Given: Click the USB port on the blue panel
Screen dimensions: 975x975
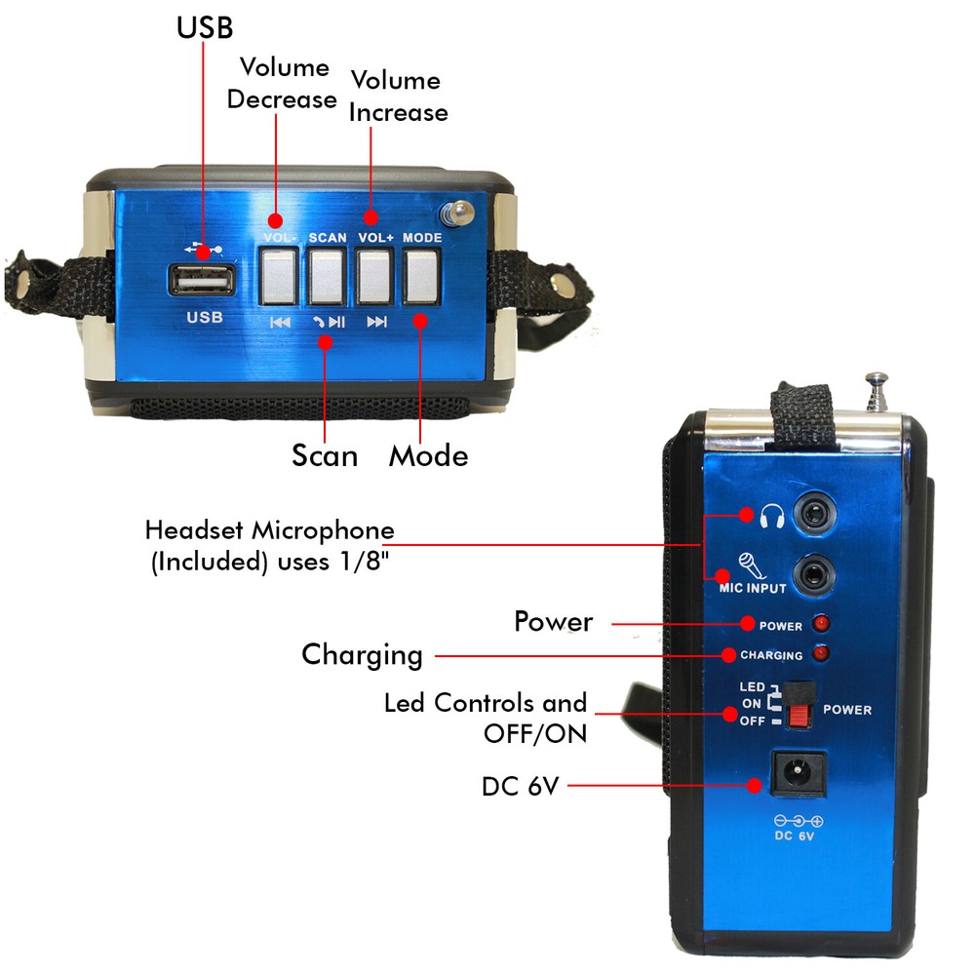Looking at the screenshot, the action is point(202,280).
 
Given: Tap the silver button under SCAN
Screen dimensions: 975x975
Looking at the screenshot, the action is point(327,277).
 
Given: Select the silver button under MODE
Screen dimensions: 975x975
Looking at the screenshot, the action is point(421,276).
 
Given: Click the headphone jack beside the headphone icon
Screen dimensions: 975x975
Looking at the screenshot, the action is point(814,514).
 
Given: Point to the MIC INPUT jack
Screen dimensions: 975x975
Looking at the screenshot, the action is point(814,575).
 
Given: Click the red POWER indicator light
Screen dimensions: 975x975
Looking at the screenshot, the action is point(821,623).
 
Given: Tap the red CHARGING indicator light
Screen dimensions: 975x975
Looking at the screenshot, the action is point(821,653).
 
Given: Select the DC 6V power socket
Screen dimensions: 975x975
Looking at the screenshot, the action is point(799,774).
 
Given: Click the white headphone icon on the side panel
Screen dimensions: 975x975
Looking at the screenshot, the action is point(772,517).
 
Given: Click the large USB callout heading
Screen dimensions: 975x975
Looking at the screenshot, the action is point(205,27).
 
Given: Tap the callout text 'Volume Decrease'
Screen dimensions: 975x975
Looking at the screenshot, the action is point(282,83).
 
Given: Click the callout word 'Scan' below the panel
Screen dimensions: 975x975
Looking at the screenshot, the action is point(325,455).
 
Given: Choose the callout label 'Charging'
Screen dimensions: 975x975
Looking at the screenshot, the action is point(362,656).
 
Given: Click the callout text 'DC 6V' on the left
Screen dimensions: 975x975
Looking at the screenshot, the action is point(521,787).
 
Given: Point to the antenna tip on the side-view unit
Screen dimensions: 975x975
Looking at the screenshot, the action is point(877,377).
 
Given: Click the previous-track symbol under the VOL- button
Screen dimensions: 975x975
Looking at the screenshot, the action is point(280,322).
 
